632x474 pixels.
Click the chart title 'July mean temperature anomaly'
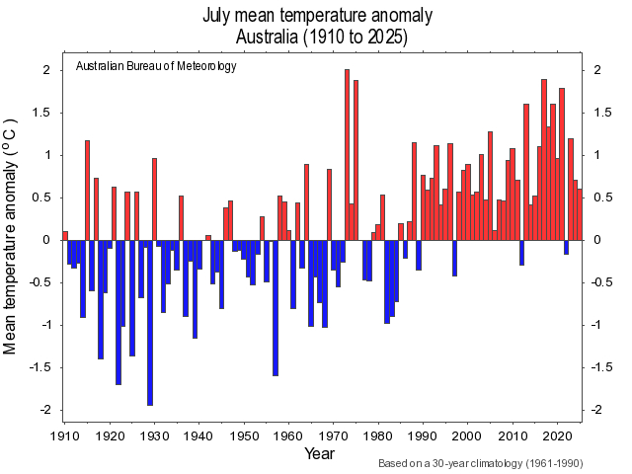(317, 15)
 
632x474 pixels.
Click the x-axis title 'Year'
(319, 453)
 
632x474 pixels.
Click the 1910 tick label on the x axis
(64, 434)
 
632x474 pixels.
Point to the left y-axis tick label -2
(43, 410)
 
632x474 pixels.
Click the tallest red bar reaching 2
(348, 155)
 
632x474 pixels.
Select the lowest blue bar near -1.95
(150, 322)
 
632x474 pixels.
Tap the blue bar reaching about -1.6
(276, 307)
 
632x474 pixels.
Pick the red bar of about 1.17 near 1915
(87, 191)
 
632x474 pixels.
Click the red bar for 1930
(154, 198)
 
